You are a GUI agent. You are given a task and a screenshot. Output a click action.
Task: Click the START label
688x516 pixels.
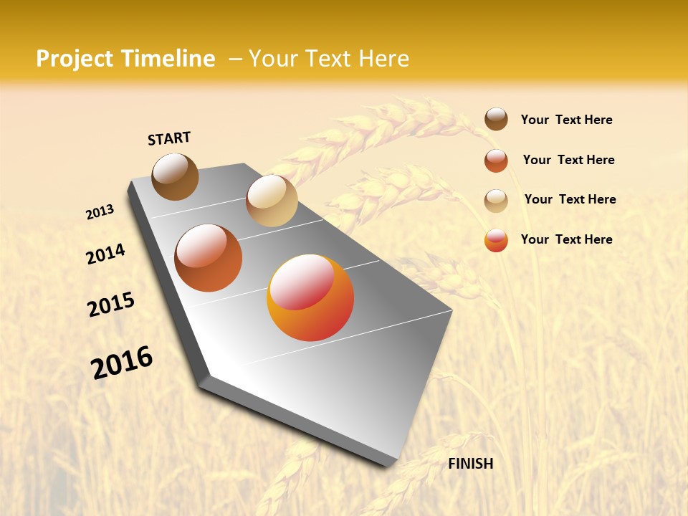click(169, 138)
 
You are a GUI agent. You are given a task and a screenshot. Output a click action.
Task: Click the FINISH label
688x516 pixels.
click(470, 464)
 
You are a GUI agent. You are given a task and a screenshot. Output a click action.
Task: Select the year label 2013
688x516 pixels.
click(100, 212)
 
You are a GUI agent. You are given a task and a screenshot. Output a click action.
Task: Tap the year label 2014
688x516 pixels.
click(105, 254)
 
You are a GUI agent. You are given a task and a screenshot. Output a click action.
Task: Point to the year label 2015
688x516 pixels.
click(111, 305)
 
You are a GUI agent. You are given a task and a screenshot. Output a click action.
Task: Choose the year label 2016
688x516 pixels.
click(122, 362)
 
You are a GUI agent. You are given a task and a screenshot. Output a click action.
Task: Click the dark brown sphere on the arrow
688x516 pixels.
click(176, 176)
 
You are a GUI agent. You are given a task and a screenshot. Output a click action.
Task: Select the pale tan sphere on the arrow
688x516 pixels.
click(272, 201)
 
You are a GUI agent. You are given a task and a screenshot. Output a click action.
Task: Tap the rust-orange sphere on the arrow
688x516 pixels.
click(209, 258)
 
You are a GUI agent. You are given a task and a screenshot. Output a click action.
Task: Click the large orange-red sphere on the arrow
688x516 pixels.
click(310, 297)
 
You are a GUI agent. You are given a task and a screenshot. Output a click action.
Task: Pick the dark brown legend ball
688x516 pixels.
click(496, 119)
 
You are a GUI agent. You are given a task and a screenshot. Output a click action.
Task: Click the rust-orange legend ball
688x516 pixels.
click(496, 161)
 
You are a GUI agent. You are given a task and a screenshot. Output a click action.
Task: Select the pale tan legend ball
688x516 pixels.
click(496, 201)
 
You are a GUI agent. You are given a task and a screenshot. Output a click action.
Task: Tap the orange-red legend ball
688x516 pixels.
click(496, 240)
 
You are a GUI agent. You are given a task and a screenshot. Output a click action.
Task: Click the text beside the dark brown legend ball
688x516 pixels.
click(566, 120)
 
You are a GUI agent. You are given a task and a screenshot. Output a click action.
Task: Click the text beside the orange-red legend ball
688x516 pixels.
click(566, 239)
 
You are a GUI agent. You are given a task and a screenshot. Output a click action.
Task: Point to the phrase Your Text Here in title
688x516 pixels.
click(328, 59)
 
